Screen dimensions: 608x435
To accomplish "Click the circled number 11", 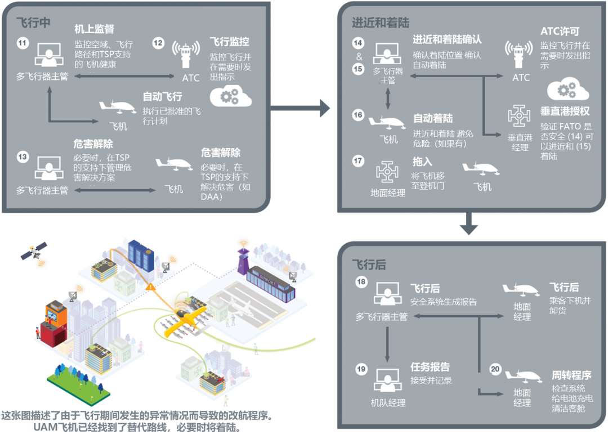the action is [23, 43].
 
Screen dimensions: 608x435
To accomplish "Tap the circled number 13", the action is [23, 156].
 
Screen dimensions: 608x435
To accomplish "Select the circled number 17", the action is [358, 160].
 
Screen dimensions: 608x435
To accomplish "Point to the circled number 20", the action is [495, 369].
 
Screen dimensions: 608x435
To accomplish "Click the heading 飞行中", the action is [33, 23].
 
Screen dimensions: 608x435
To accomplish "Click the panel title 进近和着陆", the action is [381, 23].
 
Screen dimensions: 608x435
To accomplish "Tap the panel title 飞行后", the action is [369, 265].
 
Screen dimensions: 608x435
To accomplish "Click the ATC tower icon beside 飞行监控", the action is [186, 54].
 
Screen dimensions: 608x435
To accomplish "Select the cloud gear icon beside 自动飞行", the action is [231, 96].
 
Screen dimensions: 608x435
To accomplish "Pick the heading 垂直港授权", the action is [565, 111].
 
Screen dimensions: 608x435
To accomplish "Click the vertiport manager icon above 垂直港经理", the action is [519, 116].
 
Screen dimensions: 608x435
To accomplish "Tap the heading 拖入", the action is [422, 162].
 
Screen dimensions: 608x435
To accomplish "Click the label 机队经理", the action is [388, 403].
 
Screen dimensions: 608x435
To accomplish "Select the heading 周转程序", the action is [571, 375].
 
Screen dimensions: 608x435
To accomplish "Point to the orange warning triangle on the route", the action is [150, 286].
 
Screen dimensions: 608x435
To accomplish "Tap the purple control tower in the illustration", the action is [243, 262].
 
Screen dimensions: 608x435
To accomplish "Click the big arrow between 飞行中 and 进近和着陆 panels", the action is [299, 108].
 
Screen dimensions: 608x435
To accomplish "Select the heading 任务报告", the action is [430, 366].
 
